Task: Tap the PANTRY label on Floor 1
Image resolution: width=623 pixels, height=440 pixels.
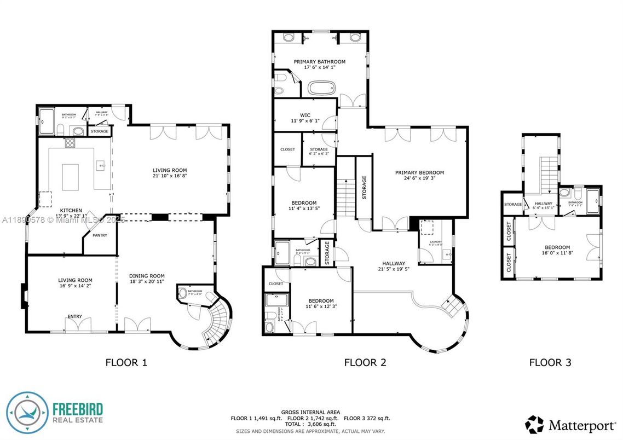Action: pos(100,235)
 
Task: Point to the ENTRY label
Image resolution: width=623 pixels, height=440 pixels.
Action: pos(74,316)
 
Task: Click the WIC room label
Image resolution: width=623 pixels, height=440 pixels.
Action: pos(305,115)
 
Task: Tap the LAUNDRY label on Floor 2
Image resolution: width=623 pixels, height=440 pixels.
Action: pos(436,241)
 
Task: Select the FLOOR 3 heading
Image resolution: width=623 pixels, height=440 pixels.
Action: pos(550,362)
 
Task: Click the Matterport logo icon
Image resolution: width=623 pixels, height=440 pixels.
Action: pos(534,424)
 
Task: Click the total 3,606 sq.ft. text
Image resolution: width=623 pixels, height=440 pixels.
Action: pos(310,424)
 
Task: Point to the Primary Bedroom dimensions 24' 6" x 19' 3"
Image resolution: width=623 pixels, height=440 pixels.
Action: pos(419,178)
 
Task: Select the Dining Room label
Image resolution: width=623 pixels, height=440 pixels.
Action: pos(147,276)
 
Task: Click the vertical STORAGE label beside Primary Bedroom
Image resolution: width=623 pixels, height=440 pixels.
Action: pos(364,187)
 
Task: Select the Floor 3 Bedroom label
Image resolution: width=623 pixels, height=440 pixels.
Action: pos(556,247)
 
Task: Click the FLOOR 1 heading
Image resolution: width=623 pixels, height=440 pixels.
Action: pos(126,362)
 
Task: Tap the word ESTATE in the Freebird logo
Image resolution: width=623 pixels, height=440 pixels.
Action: pos(89,420)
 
